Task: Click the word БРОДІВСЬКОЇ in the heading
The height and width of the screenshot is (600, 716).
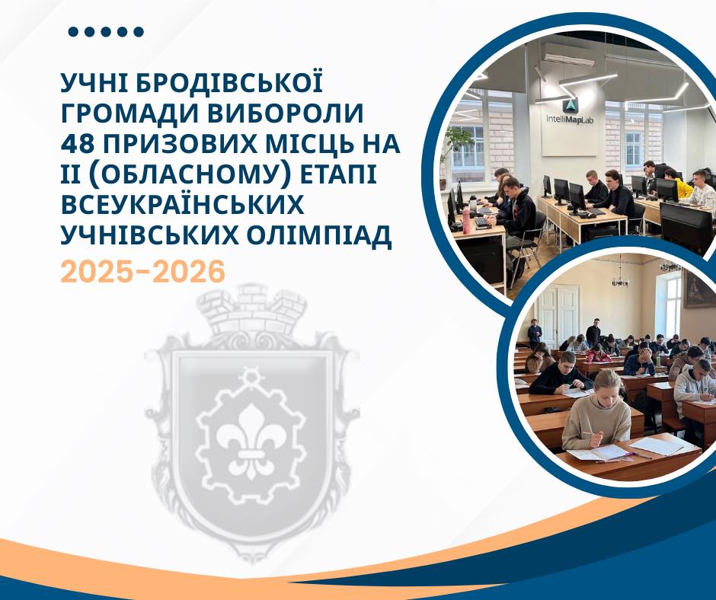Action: [229, 84]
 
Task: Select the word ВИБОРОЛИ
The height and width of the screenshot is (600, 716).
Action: [286, 113]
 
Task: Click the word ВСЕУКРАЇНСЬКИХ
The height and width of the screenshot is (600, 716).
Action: [182, 205]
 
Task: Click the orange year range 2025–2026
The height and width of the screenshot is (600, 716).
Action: [143, 272]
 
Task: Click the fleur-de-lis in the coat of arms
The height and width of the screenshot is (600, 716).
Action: [251, 439]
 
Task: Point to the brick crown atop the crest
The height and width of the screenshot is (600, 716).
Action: [251, 311]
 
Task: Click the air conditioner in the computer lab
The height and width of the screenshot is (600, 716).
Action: [568, 55]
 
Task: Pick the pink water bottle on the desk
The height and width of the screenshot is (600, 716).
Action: [466, 221]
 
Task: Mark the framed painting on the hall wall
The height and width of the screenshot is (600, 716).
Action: [698, 289]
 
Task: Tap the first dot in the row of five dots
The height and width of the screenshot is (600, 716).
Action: [73, 31]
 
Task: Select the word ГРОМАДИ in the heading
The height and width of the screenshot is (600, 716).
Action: [130, 113]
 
